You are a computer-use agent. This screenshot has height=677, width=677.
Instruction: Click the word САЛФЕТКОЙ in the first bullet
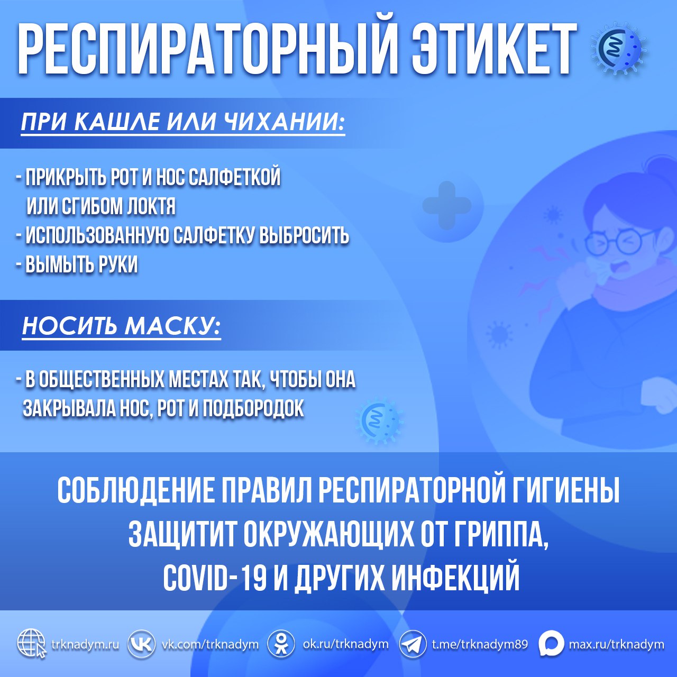[x=234, y=178]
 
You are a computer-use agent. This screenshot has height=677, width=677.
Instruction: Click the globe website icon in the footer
[x=32, y=644]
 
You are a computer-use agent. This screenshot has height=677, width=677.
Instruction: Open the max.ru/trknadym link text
[x=616, y=644]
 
